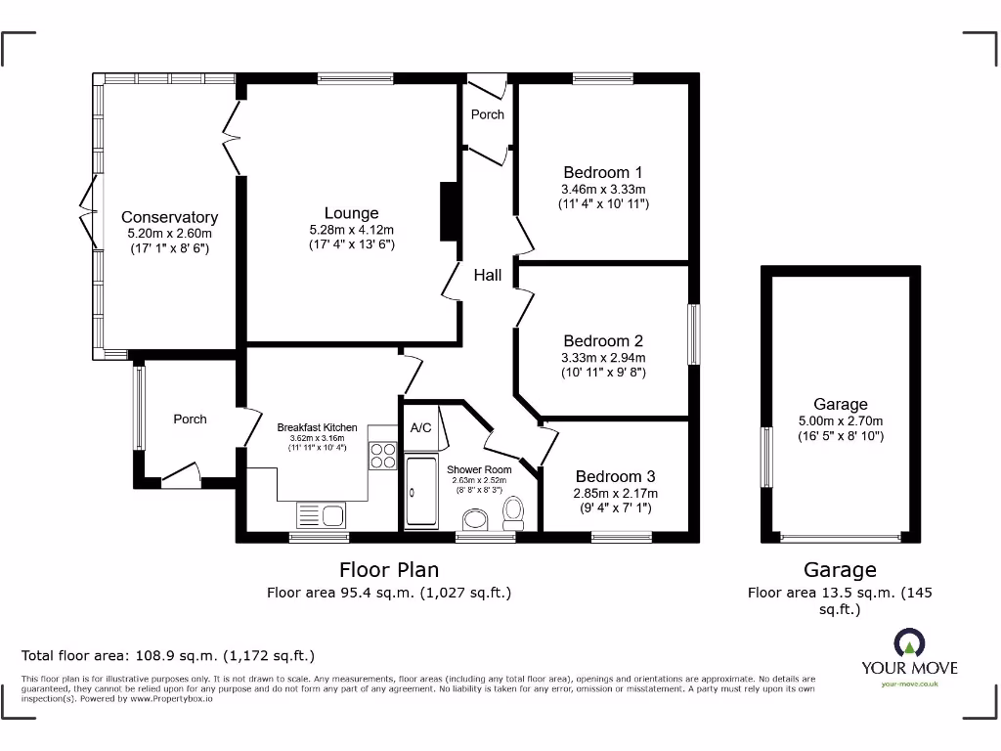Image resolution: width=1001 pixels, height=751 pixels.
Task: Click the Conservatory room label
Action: (169, 217)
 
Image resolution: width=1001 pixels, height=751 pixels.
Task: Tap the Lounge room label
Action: (351, 213)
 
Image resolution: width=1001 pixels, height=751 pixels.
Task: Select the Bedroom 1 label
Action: (603, 172)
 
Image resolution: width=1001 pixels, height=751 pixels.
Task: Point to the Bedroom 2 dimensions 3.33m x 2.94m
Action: (603, 357)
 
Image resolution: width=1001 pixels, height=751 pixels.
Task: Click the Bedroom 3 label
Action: (615, 477)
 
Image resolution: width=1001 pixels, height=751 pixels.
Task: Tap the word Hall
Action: (488, 275)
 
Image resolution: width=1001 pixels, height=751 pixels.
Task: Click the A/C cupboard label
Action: (421, 427)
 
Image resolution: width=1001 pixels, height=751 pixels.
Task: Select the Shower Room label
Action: (479, 469)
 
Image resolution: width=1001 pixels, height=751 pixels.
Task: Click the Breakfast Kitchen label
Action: (317, 427)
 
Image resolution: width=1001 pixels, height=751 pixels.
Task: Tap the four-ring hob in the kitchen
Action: (382, 457)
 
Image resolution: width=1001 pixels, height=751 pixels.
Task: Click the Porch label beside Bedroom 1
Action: (488, 114)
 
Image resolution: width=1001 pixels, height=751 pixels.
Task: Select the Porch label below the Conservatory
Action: (190, 419)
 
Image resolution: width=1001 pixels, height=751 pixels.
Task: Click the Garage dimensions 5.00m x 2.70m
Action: (840, 420)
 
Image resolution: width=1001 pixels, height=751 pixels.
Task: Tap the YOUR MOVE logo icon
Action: (908, 643)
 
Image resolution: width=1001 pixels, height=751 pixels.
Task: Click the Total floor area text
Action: (168, 655)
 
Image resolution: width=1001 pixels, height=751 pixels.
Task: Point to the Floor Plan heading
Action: (389, 569)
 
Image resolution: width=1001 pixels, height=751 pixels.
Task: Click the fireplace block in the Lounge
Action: (449, 211)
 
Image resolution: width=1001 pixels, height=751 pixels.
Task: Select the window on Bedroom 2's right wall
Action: (694, 334)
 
